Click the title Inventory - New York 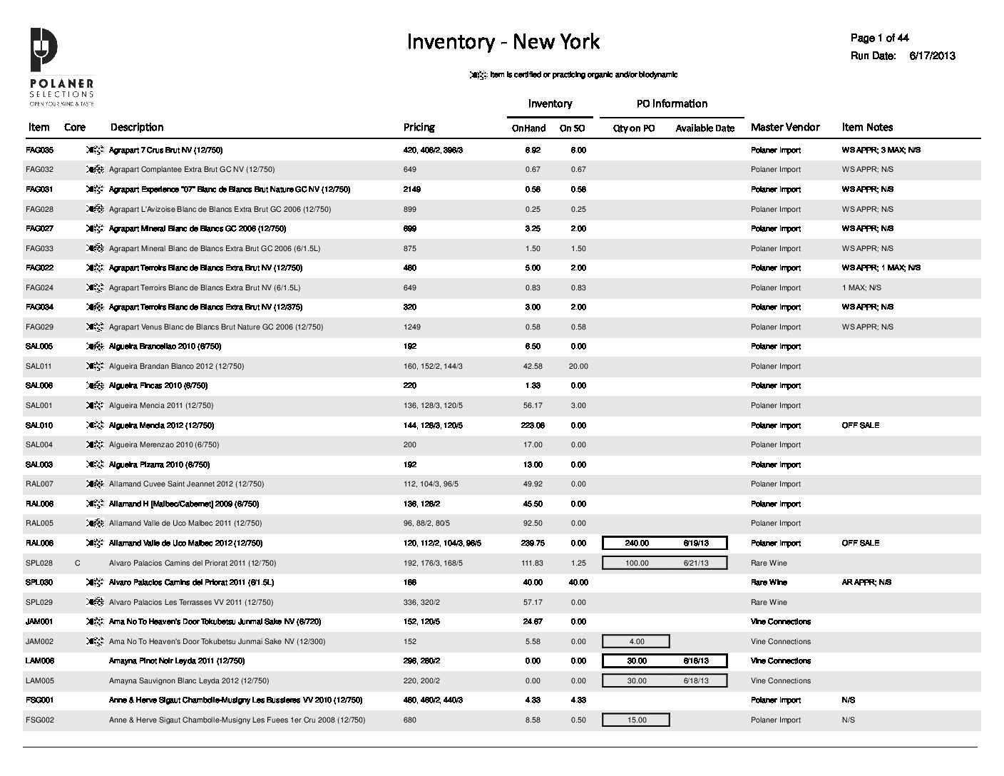click(503, 41)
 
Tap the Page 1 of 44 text click(879, 38)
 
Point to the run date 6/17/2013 click(932, 56)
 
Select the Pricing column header click(419, 127)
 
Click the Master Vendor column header click(785, 127)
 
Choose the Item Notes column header click(867, 127)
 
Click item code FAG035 click(39, 150)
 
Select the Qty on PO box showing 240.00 click(637, 543)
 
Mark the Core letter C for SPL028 click(77, 563)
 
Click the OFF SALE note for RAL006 click(860, 543)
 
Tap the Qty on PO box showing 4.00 click(636, 641)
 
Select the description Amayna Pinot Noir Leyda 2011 click(176, 661)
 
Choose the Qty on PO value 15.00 click(636, 720)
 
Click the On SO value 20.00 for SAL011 click(578, 367)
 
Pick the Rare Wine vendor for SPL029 click(769, 602)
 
